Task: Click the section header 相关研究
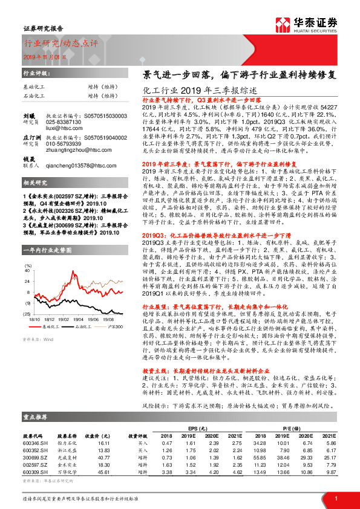(36, 199)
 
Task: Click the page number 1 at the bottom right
(336, 499)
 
